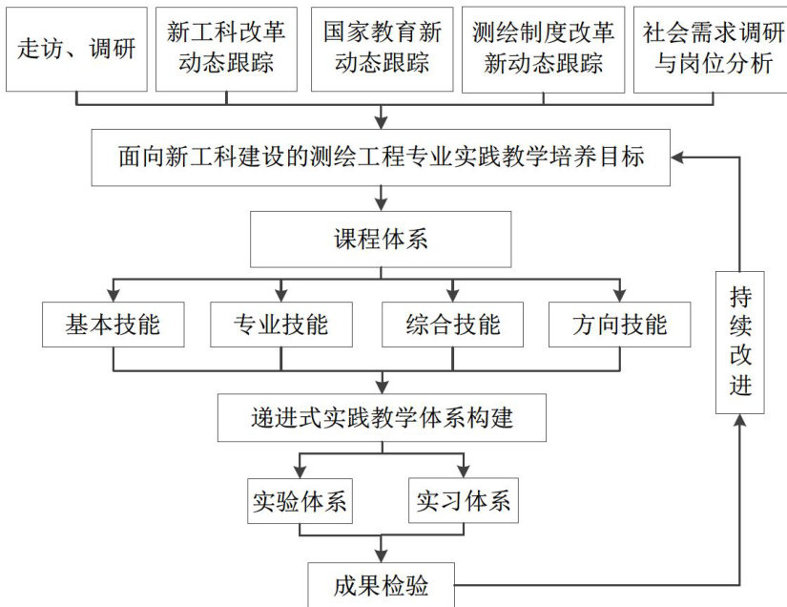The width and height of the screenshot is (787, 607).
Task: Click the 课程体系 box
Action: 382,240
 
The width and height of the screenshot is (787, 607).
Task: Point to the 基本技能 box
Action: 114,324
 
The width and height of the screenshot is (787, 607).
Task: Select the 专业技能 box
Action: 280,324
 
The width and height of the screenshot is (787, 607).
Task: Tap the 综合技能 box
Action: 453,324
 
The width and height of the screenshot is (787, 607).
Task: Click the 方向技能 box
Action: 620,324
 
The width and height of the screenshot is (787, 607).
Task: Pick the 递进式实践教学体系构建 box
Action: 382,418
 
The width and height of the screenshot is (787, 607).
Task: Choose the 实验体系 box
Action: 300,501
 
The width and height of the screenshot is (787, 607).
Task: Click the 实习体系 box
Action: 464,501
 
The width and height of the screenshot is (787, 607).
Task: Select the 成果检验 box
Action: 382,583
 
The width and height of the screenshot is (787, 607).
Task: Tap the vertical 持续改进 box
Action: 741,343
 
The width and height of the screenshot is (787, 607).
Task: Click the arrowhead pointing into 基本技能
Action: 114,293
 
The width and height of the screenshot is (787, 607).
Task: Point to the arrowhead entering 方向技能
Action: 620,293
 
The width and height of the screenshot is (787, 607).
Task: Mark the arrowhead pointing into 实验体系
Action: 300,470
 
